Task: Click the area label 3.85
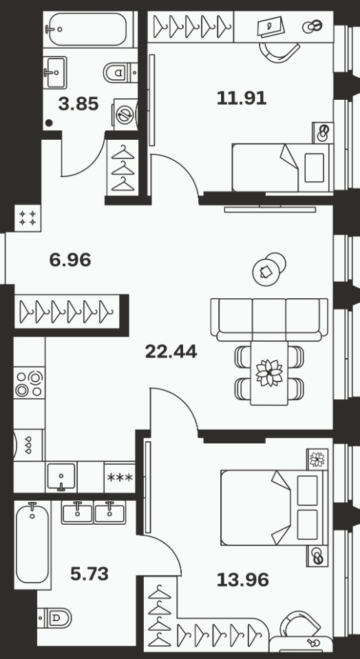click(x=78, y=104)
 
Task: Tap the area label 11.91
click(x=242, y=98)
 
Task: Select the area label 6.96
click(x=70, y=260)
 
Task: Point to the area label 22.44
click(x=171, y=351)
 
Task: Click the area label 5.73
click(x=89, y=573)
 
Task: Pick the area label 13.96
click(x=243, y=580)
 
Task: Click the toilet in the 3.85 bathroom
click(x=120, y=73)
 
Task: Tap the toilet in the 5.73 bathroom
click(x=54, y=618)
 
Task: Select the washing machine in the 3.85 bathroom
click(x=125, y=114)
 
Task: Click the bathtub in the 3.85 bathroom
click(x=88, y=30)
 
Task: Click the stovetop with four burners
click(x=29, y=382)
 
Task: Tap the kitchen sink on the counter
click(x=61, y=477)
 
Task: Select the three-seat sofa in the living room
click(x=269, y=320)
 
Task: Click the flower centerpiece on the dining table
click(x=269, y=373)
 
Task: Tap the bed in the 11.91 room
click(x=282, y=168)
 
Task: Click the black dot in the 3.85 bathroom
click(x=49, y=123)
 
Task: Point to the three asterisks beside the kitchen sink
click(x=120, y=477)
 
